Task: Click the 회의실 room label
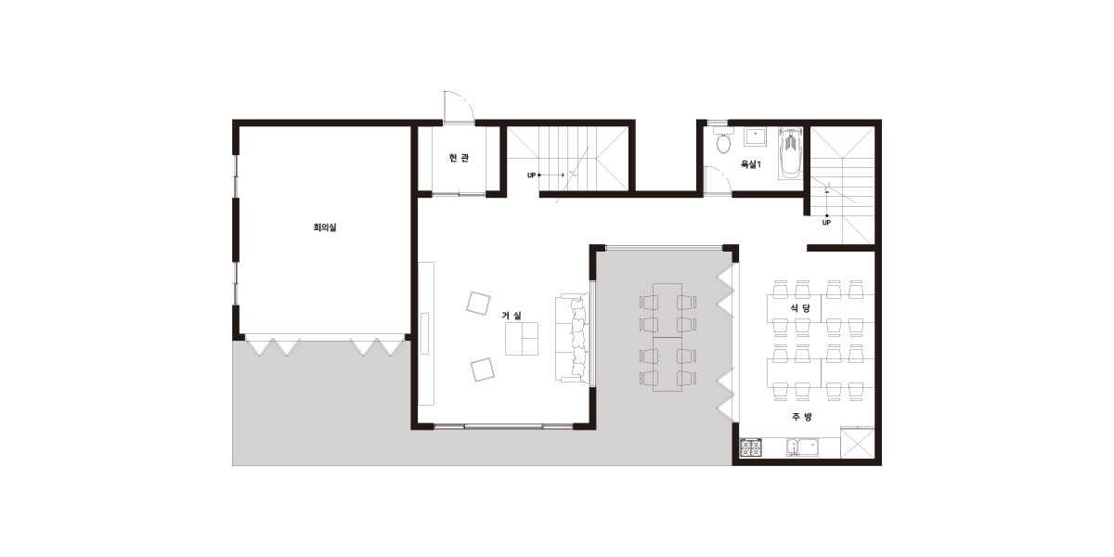[325, 227]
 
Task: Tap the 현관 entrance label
[459, 158]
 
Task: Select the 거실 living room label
[512, 316]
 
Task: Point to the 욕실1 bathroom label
[750, 164]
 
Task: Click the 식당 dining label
[800, 308]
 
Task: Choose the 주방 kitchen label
[802, 417]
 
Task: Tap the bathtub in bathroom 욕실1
[790, 152]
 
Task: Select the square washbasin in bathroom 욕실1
[755, 136]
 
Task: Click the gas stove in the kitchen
[750, 447]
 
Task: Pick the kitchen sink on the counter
[803, 447]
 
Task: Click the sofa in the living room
[573, 338]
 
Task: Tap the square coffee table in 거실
[522, 339]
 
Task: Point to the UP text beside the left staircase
[531, 175]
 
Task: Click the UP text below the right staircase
[826, 223]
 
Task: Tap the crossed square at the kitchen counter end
[858, 443]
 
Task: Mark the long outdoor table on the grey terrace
[667, 337]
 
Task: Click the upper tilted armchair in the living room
[478, 303]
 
